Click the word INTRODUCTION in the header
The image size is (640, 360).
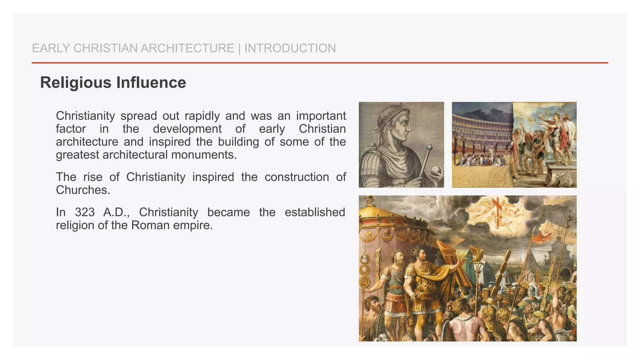point(290,48)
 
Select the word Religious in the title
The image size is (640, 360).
point(76,83)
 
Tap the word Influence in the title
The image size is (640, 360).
point(151,83)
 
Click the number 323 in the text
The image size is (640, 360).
point(85,212)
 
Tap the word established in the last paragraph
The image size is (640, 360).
point(315,212)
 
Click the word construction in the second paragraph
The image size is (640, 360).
point(297,177)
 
